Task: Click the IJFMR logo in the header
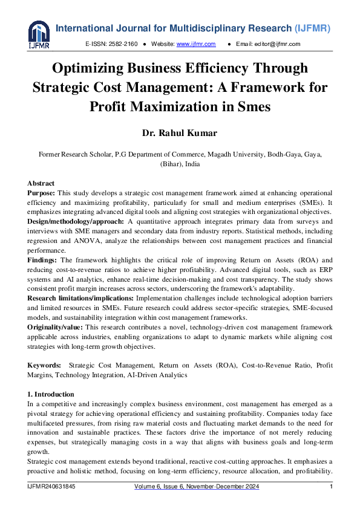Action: pos(39,34)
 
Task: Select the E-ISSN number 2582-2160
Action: pos(123,44)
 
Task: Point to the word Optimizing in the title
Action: pos(91,68)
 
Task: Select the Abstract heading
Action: pos(41,183)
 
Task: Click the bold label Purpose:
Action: pos(42,193)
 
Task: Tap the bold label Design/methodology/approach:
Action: pos(75,222)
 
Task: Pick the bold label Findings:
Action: pos(43,260)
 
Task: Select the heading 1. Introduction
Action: pos(51,394)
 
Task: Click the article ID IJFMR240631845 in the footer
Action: pos(52,487)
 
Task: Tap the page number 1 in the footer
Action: pos(331,487)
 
